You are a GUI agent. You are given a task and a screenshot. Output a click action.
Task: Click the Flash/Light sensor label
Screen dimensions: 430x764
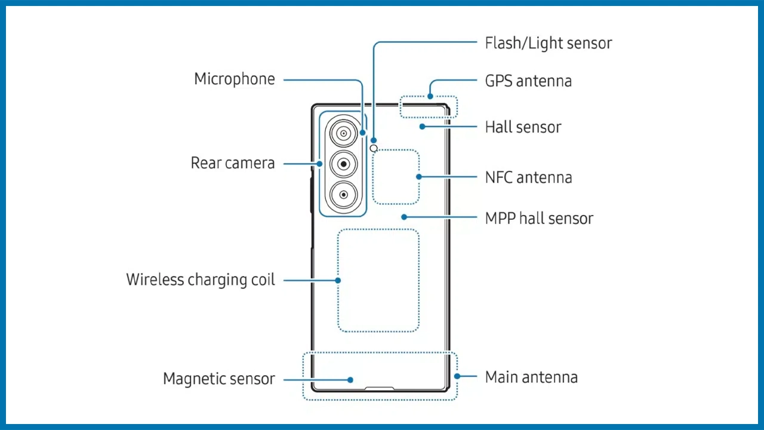click(548, 44)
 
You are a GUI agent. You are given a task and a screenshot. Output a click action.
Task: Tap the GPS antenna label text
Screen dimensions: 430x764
click(528, 81)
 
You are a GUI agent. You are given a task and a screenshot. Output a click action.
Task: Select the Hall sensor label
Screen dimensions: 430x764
click(523, 127)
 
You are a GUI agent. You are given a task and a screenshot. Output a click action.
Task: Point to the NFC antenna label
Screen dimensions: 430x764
click(528, 177)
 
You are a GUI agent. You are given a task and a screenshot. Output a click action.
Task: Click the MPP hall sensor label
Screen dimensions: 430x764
click(539, 218)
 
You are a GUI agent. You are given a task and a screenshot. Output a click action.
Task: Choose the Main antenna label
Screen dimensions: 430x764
click(531, 377)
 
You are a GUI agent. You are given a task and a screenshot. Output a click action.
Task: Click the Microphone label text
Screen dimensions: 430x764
click(235, 79)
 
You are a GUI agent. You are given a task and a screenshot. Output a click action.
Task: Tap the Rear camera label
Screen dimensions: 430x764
click(233, 163)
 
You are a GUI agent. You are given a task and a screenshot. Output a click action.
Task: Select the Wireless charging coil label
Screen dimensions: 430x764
click(201, 280)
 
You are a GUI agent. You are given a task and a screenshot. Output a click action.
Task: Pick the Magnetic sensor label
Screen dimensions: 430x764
click(219, 379)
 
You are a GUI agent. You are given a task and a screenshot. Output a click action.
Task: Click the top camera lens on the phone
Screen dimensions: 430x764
click(343, 134)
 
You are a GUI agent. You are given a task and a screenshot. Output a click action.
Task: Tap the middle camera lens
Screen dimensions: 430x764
click(343, 164)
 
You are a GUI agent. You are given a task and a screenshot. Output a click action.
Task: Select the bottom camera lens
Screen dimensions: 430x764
click(343, 194)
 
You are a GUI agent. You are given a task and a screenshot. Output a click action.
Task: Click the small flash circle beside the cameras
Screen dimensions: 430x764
click(374, 148)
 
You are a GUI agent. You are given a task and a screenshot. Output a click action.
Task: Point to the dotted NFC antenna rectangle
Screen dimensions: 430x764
click(396, 177)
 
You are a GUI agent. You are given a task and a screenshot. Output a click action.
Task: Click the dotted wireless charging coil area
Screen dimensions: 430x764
click(378, 280)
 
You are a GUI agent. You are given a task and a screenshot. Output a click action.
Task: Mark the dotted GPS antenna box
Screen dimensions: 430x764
click(429, 106)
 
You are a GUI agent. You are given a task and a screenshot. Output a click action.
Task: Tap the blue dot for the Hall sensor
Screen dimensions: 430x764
click(422, 127)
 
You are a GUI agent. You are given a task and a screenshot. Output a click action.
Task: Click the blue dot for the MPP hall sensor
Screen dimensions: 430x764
click(404, 217)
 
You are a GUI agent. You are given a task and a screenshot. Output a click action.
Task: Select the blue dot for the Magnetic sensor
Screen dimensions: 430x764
click(351, 380)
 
